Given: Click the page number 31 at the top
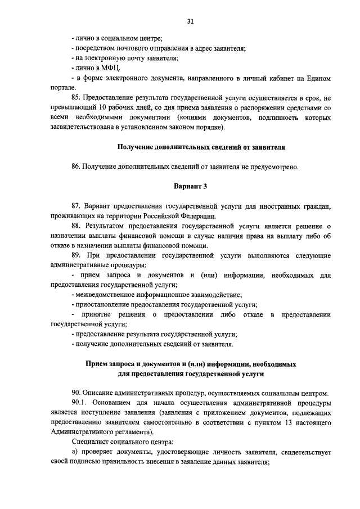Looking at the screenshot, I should pyautogui.click(x=190, y=21).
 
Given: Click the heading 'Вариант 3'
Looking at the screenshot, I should pyautogui.click(x=190, y=186).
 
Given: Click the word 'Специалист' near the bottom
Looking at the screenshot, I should pyautogui.click(x=89, y=442).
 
